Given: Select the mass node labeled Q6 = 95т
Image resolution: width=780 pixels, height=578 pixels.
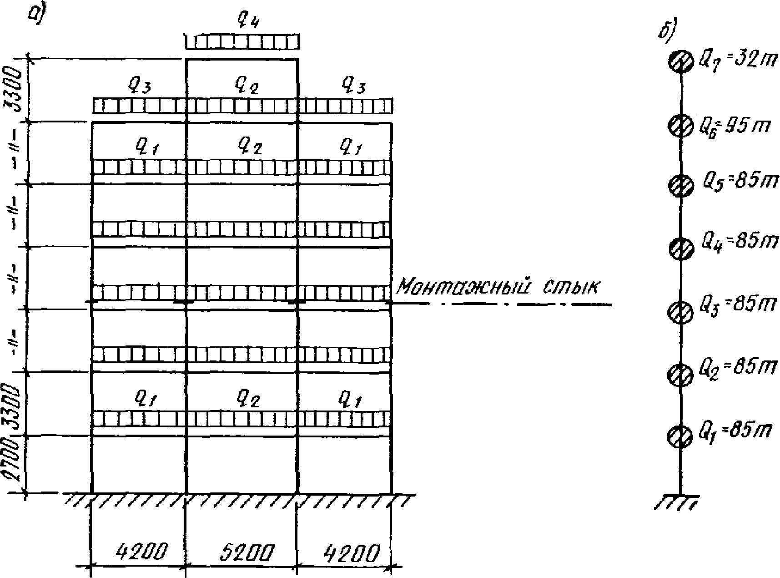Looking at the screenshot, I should [680, 126].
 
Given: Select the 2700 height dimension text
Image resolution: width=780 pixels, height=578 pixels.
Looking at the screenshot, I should [12, 465].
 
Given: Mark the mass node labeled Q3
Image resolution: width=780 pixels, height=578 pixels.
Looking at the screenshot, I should [679, 312].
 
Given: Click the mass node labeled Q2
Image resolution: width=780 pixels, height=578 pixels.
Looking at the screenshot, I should [679, 375].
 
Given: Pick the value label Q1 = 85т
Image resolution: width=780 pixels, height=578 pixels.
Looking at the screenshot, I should [735, 431].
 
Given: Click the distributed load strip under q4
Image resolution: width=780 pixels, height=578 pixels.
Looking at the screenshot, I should [243, 43].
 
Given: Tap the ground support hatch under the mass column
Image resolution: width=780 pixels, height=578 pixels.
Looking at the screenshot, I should [678, 502].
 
